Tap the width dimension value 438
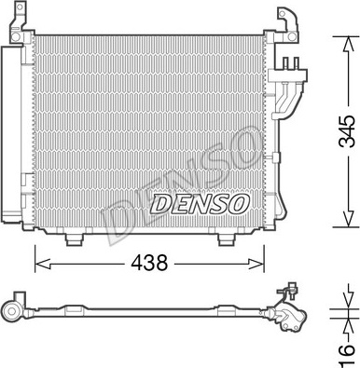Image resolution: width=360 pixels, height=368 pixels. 148,264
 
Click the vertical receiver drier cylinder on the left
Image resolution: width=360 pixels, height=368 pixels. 13,140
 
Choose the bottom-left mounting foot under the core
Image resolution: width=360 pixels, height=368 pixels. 75,239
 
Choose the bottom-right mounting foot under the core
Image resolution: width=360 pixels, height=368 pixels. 226,239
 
